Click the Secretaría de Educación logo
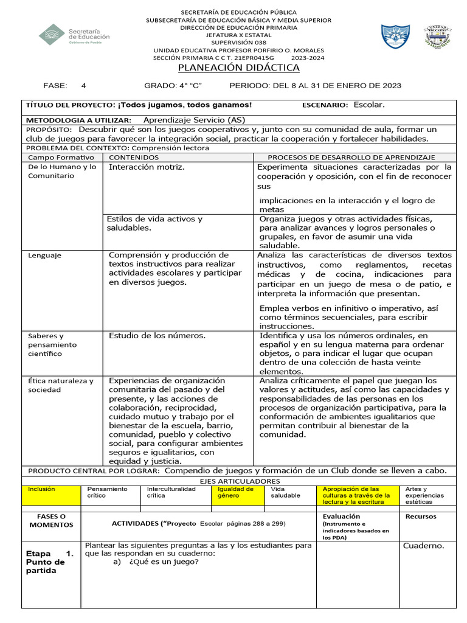pos(74,35)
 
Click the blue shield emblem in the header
pos(395,36)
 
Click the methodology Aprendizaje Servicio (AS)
pos(194,120)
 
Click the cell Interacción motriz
pos(147,167)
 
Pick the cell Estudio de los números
pos(157,335)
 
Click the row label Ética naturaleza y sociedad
pos(61,385)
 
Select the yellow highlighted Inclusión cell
pos(41,489)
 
